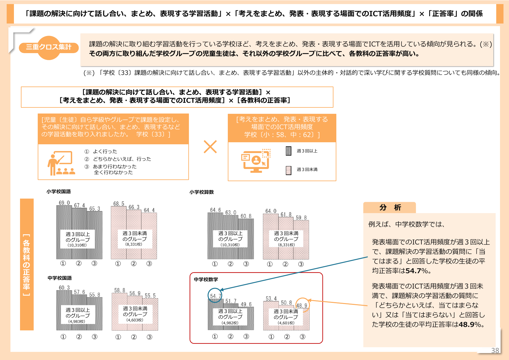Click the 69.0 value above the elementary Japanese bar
(64, 203)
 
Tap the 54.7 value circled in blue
(216, 296)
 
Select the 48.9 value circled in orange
(302, 305)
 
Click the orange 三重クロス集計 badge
(49, 47)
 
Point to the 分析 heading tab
(389, 207)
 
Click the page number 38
(495, 350)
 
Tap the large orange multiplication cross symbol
(210, 147)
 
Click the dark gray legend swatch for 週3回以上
(288, 151)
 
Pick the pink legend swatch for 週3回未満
(288, 170)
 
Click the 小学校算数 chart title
(202, 192)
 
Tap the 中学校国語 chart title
(59, 278)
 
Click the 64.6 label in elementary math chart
(215, 210)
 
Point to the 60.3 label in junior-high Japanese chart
(64, 287)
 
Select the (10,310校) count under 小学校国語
(77, 245)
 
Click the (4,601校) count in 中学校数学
(286, 323)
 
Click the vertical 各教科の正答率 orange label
(27, 264)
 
